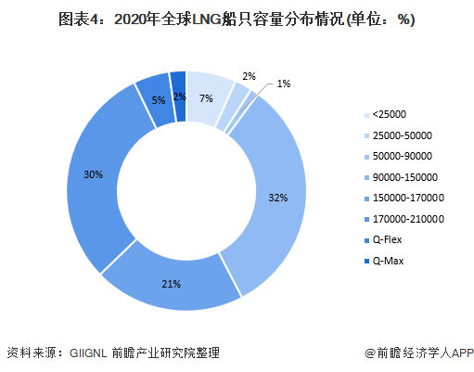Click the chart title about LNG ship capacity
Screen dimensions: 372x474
237,19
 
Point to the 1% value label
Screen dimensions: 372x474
283,84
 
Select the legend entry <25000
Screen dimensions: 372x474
390,114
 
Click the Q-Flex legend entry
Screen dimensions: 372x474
391,239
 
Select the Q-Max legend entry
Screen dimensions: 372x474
391,261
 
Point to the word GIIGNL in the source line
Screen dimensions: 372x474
91,353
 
